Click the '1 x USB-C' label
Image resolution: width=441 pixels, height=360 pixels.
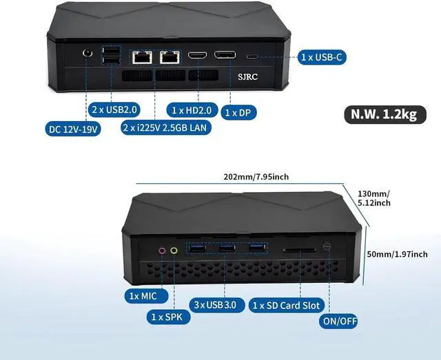pyautogui.click(x=322, y=57)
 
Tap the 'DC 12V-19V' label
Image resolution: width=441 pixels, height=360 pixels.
pyautogui.click(x=73, y=129)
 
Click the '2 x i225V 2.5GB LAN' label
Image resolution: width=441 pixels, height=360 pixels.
pyautogui.click(x=166, y=127)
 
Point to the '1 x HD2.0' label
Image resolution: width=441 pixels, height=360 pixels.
pyautogui.click(x=192, y=109)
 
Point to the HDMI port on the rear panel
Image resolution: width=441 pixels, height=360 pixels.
pyautogui.click(x=198, y=55)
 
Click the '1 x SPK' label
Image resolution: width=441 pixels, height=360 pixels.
pyautogui.click(x=166, y=317)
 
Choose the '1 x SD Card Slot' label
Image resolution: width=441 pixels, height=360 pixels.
pyautogui.click(x=286, y=305)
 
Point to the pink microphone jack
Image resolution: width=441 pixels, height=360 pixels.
pyautogui.click(x=163, y=251)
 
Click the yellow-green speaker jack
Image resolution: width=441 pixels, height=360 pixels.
pyautogui.click(x=174, y=251)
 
